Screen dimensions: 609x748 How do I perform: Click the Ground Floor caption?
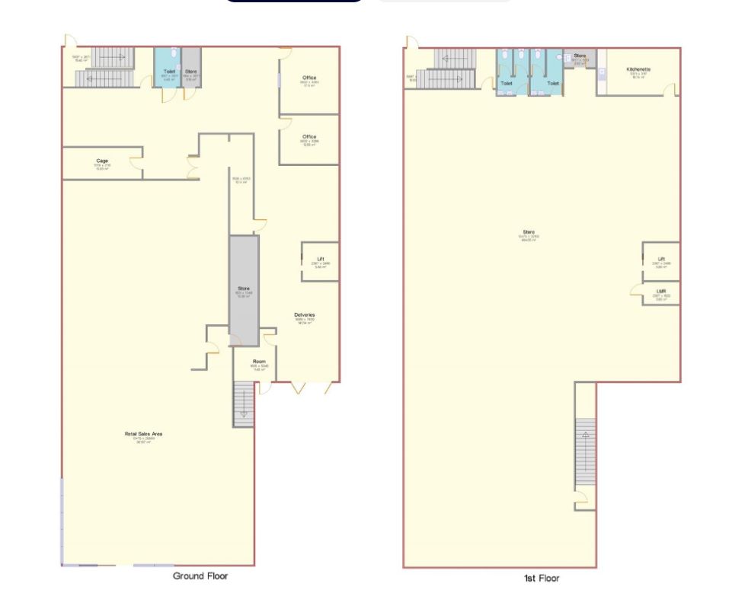click(x=200, y=576)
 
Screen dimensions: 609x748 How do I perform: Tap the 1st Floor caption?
click(x=542, y=579)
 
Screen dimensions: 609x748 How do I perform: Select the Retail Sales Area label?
click(x=144, y=435)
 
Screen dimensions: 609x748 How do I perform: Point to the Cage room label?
click(x=102, y=161)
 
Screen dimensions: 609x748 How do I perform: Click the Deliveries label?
click(x=305, y=314)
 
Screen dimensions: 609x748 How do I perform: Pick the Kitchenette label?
click(x=638, y=70)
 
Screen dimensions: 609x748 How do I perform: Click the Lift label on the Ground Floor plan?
click(x=320, y=259)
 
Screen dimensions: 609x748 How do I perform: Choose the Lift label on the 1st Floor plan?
click(x=661, y=259)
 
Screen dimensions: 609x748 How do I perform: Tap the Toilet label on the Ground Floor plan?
click(x=169, y=72)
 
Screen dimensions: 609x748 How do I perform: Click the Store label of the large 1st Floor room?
click(x=529, y=232)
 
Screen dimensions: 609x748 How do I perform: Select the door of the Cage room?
click(x=136, y=162)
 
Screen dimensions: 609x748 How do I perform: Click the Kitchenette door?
click(x=670, y=90)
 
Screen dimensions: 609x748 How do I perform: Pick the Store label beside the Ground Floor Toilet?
click(x=191, y=72)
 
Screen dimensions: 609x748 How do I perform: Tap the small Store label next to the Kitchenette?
click(x=580, y=56)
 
